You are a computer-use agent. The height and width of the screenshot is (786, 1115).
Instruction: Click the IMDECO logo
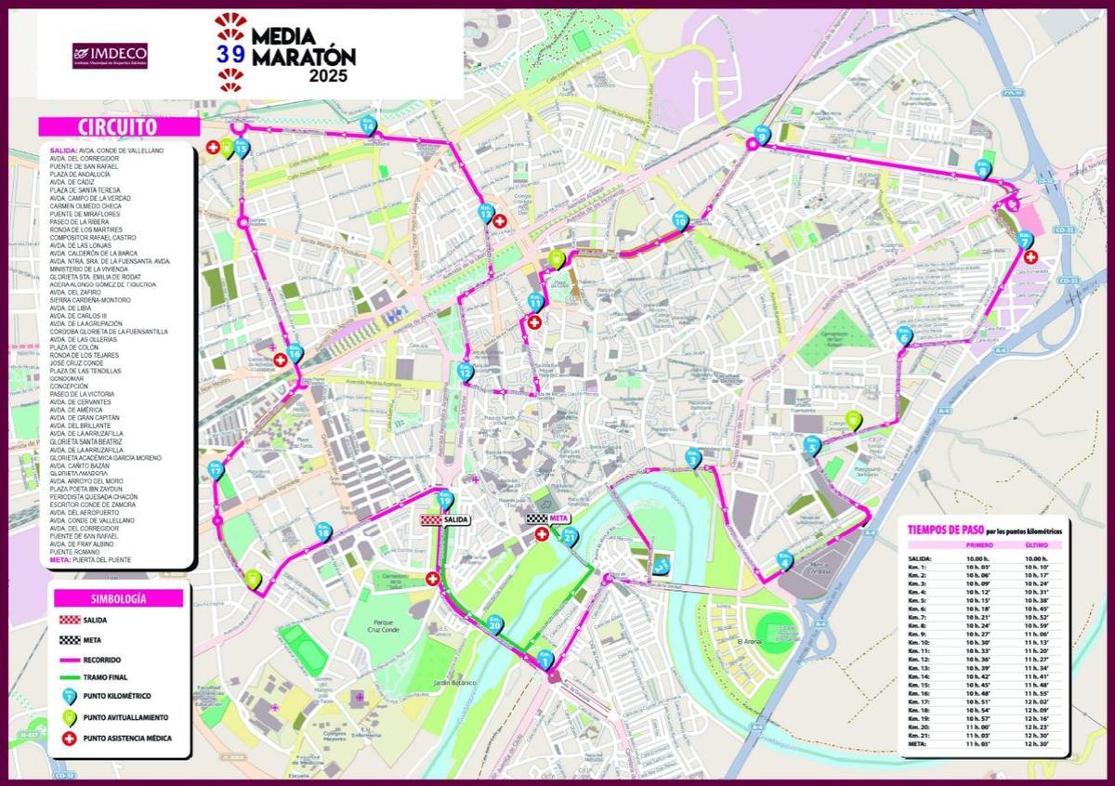pyautogui.click(x=110, y=55)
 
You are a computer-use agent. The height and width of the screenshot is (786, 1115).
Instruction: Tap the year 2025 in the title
pyautogui.click(x=329, y=77)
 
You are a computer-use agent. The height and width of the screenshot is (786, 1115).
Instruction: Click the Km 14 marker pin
pyautogui.click(x=368, y=124)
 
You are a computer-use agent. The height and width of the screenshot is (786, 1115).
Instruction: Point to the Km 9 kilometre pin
pyautogui.click(x=763, y=135)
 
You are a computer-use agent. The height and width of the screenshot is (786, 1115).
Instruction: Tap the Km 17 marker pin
pyautogui.click(x=216, y=469)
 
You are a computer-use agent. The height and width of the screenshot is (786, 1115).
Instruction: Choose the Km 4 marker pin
pyautogui.click(x=784, y=560)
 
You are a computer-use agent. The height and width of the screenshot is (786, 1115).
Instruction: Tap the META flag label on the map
pyautogui.click(x=548, y=519)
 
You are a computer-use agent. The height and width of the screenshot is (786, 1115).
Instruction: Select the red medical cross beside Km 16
pyautogui.click(x=281, y=360)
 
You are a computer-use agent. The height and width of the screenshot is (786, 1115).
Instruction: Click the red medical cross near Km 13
pyautogui.click(x=500, y=221)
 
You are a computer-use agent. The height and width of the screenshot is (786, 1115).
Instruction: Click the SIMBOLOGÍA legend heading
pyautogui.click(x=118, y=598)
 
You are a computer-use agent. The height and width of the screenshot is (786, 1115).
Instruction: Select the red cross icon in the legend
pyautogui.click(x=69, y=739)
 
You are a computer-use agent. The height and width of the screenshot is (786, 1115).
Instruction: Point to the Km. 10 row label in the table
pyautogui.click(x=920, y=642)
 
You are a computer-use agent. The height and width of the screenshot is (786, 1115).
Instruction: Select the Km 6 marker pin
pyautogui.click(x=904, y=337)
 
